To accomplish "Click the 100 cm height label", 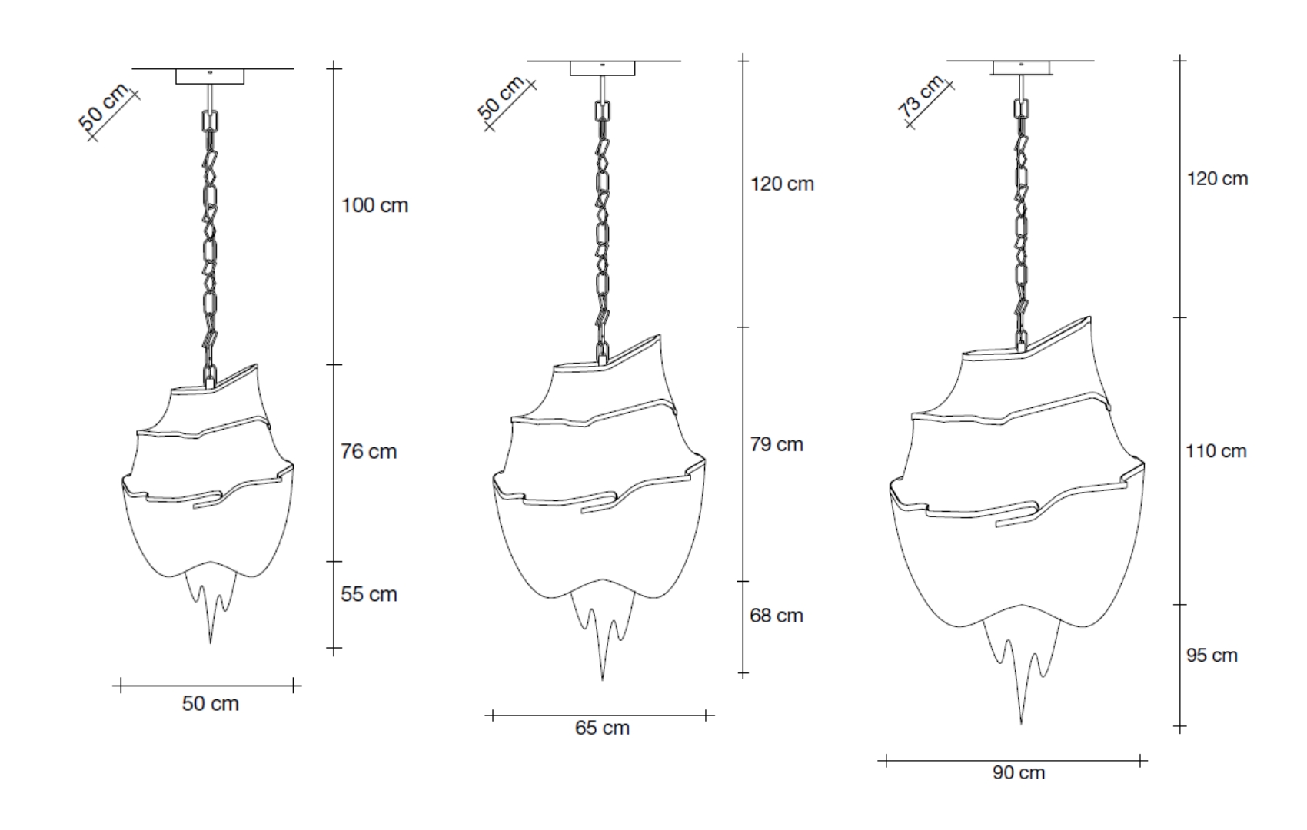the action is tap(374, 205).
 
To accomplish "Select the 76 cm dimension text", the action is tap(369, 451).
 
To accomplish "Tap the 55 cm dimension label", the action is tap(369, 594).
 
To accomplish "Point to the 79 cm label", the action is tap(777, 444).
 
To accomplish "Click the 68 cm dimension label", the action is tap(777, 616).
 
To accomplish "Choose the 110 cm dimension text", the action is tap(1216, 451).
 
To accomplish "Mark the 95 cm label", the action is tap(1212, 655).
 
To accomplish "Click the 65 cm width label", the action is tap(602, 728).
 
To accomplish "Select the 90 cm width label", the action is tap(1019, 773).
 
